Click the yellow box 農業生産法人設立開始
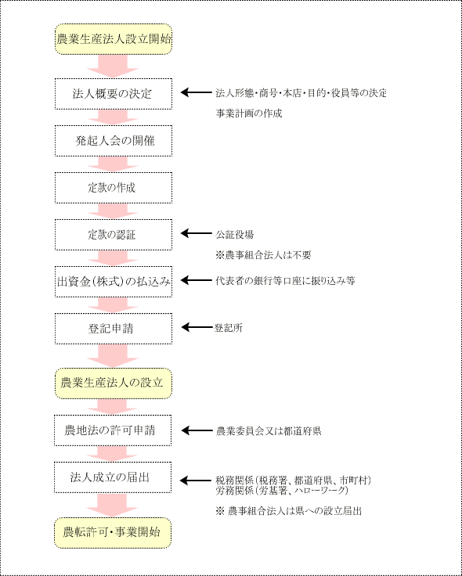[x=114, y=39]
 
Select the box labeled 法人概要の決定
[x=114, y=94]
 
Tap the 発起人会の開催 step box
[x=114, y=141]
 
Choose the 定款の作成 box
[x=114, y=188]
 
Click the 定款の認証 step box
[x=114, y=235]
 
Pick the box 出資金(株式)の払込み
[x=114, y=282]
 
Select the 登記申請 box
[x=114, y=329]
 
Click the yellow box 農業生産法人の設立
[x=114, y=383]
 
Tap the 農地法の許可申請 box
[x=113, y=430]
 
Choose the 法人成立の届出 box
[x=113, y=477]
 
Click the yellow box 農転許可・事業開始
[x=113, y=533]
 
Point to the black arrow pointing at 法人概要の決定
[x=197, y=93]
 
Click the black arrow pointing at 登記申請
[x=197, y=327]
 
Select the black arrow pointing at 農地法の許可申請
[x=197, y=431]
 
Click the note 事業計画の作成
[x=249, y=114]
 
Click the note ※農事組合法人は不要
[x=263, y=255]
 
